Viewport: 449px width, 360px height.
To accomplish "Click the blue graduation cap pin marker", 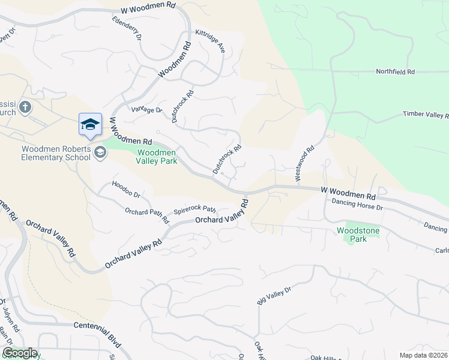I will (90, 125).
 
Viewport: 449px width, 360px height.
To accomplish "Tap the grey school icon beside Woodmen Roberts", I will (100, 153).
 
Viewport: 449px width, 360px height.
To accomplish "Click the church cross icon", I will (25, 107).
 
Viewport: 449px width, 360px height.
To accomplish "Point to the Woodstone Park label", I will (351, 235).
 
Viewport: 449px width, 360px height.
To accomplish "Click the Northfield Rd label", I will (395, 72).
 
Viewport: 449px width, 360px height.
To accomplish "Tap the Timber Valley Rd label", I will (426, 115).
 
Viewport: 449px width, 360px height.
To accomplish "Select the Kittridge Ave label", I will (210, 41).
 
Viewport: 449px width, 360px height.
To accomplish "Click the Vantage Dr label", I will (147, 110).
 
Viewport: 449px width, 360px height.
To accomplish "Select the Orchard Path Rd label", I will (146, 215).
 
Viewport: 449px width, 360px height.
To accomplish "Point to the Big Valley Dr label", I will (274, 296).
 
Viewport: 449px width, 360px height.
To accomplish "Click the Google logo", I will (20, 353).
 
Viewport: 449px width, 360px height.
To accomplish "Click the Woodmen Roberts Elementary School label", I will (56, 153).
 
